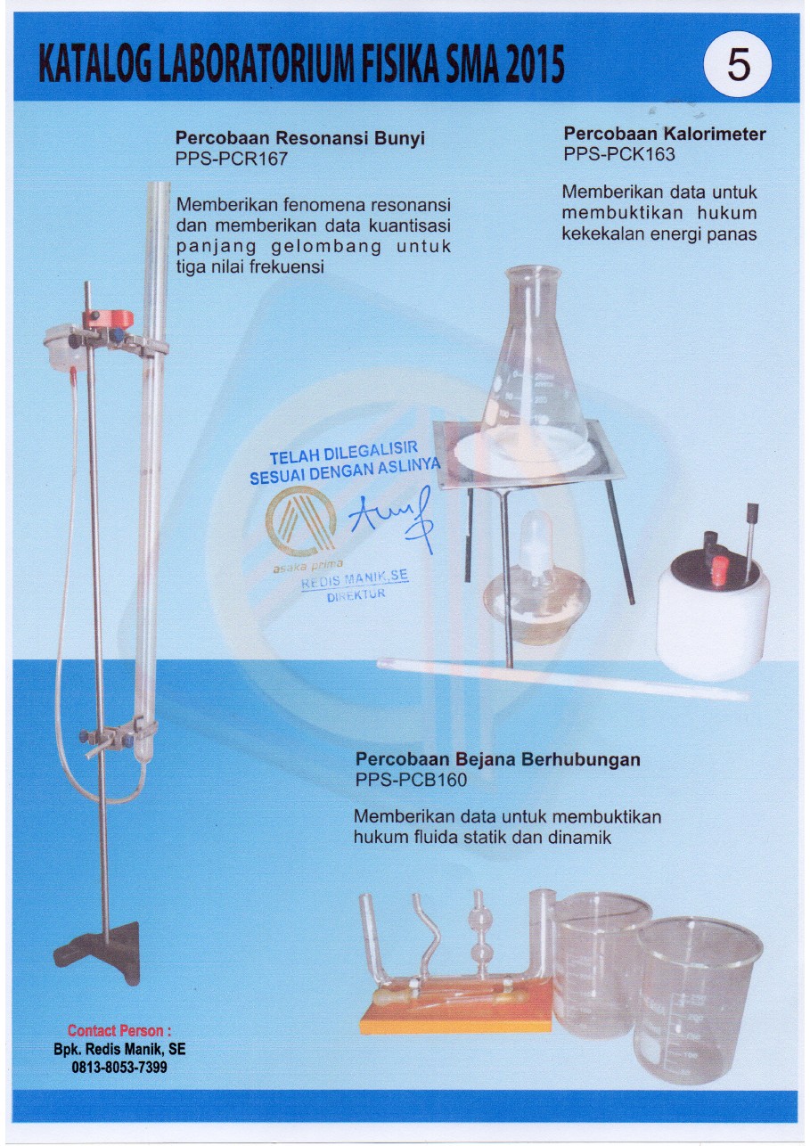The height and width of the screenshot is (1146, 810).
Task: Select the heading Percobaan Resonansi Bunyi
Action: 299,139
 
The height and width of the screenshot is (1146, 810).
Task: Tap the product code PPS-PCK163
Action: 619,154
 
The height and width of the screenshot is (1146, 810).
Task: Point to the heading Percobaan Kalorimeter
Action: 664,134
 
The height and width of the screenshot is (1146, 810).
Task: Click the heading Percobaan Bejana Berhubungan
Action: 497,760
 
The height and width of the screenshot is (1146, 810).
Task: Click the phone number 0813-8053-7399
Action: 119,1067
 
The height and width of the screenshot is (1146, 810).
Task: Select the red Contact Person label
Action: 119,1032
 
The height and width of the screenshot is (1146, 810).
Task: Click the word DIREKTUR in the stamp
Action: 356,596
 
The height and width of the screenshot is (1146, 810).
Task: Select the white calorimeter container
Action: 713,615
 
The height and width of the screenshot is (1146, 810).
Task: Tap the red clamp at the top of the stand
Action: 108,318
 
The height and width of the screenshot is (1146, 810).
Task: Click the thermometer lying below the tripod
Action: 561,677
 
